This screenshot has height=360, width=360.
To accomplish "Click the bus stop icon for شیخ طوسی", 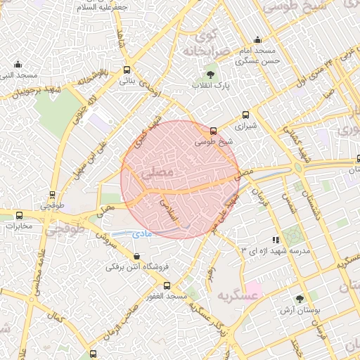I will point(214,131).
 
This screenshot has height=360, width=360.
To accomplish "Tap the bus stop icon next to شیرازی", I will point(245,115).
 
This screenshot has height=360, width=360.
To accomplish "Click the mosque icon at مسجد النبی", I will point(19,64).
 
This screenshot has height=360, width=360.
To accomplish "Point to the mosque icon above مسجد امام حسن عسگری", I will point(257,40).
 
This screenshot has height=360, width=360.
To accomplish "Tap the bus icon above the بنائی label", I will point(127,70).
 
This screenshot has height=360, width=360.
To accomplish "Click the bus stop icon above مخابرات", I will point(19,215).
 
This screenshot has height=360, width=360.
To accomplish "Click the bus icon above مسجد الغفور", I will point(167,285).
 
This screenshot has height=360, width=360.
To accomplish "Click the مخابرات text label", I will point(19,226).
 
